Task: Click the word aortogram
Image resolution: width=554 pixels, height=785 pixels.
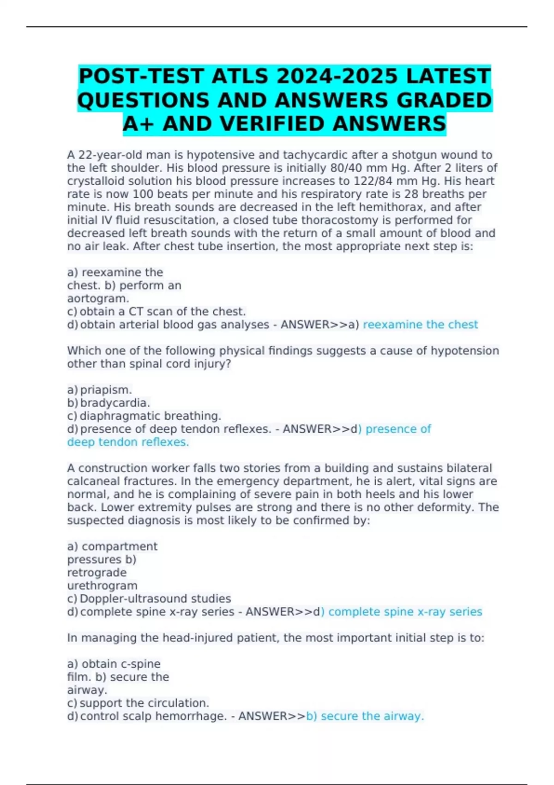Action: tap(98, 299)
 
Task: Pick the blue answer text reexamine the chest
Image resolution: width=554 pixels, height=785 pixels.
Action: tap(420, 325)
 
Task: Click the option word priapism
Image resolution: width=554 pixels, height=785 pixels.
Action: tap(106, 390)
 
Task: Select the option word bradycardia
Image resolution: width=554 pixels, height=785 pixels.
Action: tap(115, 403)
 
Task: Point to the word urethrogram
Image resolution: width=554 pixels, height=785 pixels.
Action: tap(102, 586)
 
